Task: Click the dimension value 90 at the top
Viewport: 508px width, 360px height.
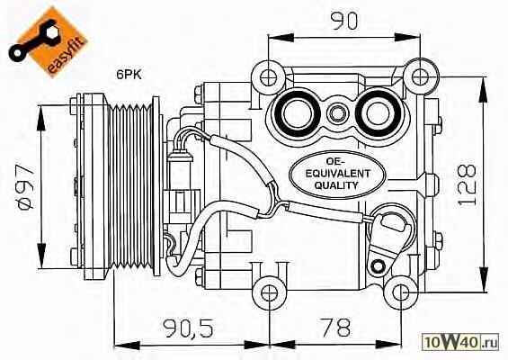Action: tap(344, 22)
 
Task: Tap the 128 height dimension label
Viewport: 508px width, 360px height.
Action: tap(467, 185)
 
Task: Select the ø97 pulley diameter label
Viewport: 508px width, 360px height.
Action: tap(25, 187)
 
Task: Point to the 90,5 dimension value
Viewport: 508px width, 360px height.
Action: tap(188, 328)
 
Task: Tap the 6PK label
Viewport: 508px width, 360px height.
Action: tap(129, 76)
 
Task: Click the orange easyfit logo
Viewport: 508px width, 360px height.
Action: tap(48, 40)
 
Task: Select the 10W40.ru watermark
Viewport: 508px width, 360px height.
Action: tap(460, 342)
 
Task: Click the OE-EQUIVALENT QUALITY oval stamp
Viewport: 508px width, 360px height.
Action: tap(337, 175)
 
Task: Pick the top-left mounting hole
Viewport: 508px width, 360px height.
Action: tap(268, 77)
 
